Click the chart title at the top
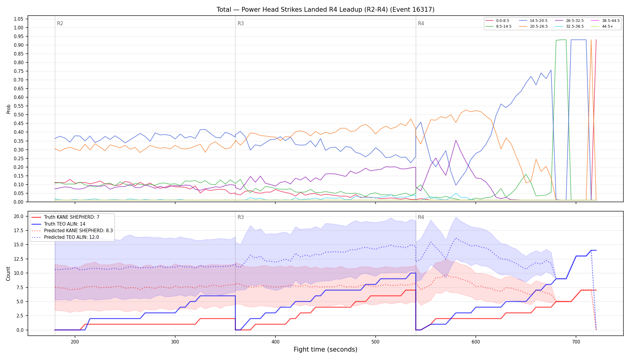[x=325, y=10]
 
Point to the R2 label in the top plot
[x=60, y=23]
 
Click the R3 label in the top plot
[x=241, y=23]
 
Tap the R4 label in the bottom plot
[x=421, y=217]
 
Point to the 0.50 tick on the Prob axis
[x=18, y=115]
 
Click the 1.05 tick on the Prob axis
[x=18, y=19]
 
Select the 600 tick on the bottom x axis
[x=476, y=341]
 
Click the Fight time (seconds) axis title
[x=325, y=349]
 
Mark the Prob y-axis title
[x=8, y=109]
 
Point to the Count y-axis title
[x=8, y=274]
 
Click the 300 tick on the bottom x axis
[x=175, y=341]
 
